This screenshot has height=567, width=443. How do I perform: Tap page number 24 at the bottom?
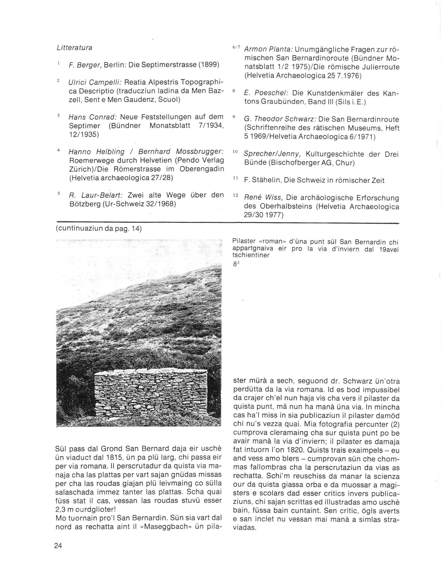coord(58,545)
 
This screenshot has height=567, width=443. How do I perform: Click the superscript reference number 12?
coord(235,195)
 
